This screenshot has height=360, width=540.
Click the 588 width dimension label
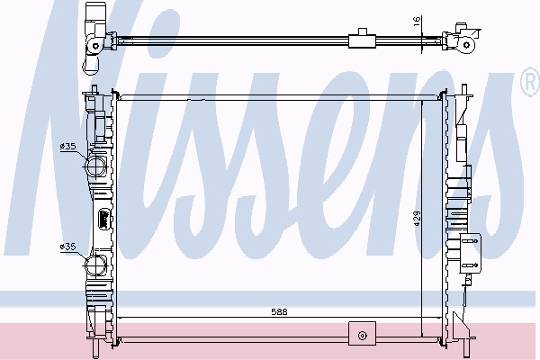click(279, 311)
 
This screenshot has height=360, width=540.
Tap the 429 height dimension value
click(417, 219)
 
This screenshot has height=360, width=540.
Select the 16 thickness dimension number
click(417, 20)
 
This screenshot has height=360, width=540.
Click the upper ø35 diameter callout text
click(67, 147)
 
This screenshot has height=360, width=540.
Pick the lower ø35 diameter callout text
click(67, 247)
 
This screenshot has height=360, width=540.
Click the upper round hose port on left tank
click(95, 166)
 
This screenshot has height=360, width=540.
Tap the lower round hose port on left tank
click(95, 266)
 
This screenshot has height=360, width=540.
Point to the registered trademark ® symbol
click(530, 82)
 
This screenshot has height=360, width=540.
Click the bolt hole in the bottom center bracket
click(362, 335)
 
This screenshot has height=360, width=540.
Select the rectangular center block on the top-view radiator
click(362, 40)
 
